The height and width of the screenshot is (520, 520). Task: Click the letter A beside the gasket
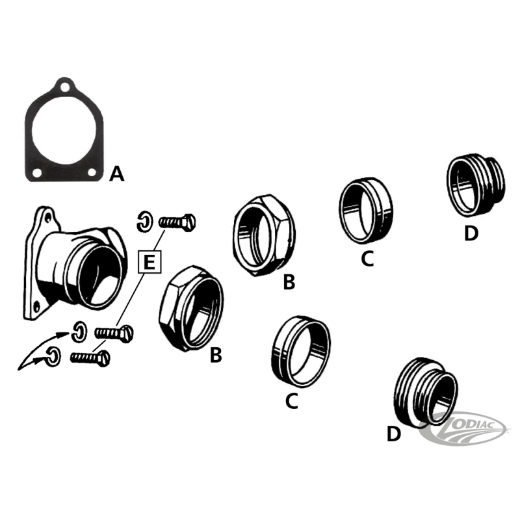pyautogui.click(x=116, y=174)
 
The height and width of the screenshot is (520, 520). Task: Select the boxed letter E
pyautogui.click(x=149, y=263)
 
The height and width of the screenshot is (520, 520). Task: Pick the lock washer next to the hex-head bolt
pyautogui.click(x=144, y=222)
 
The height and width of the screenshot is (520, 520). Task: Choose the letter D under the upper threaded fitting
pyautogui.click(x=471, y=233)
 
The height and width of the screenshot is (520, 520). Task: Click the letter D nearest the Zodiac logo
pyautogui.click(x=394, y=434)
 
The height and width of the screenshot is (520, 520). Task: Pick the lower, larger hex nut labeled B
pyautogui.click(x=191, y=305)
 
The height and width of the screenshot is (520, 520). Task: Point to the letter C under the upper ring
pyautogui.click(x=367, y=259)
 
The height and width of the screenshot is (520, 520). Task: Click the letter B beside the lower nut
pyautogui.click(x=216, y=356)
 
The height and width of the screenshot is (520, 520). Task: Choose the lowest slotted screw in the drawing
pyautogui.click(x=90, y=357)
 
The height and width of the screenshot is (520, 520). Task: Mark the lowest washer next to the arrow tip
pyautogui.click(x=55, y=356)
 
